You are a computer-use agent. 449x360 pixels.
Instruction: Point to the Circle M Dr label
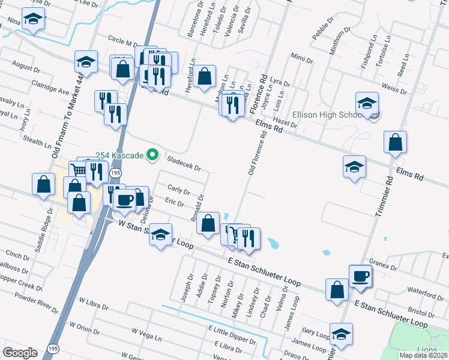pyautogui.click(x=124, y=43)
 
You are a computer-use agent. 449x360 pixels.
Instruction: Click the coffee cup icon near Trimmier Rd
pyautogui.click(x=360, y=275)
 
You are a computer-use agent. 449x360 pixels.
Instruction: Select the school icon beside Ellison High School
pyautogui.click(x=367, y=103)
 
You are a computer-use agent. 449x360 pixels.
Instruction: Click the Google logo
pyautogui.click(x=20, y=353)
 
